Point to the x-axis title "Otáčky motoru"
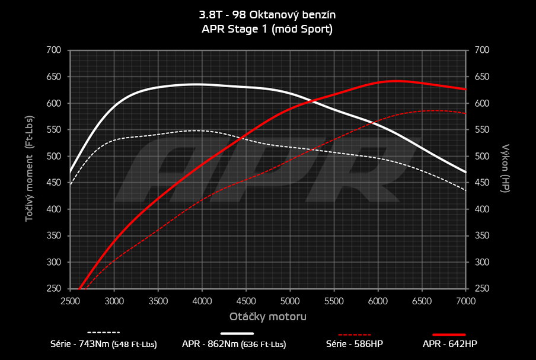coord(268,317)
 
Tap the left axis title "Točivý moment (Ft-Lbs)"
coord(29,170)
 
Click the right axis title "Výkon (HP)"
coord(506,168)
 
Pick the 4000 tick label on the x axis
coord(202,301)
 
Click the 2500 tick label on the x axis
coord(70,301)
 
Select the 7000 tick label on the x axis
coord(465,301)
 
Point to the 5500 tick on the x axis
coord(334,301)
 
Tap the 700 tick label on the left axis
coord(53,50)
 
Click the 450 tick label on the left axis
coord(53,183)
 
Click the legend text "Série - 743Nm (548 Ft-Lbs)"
coord(104,344)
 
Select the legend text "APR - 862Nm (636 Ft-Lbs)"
coord(234,344)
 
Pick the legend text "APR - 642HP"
coord(449,344)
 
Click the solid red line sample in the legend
coord(449,334)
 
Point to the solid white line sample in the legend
coord(237,334)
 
